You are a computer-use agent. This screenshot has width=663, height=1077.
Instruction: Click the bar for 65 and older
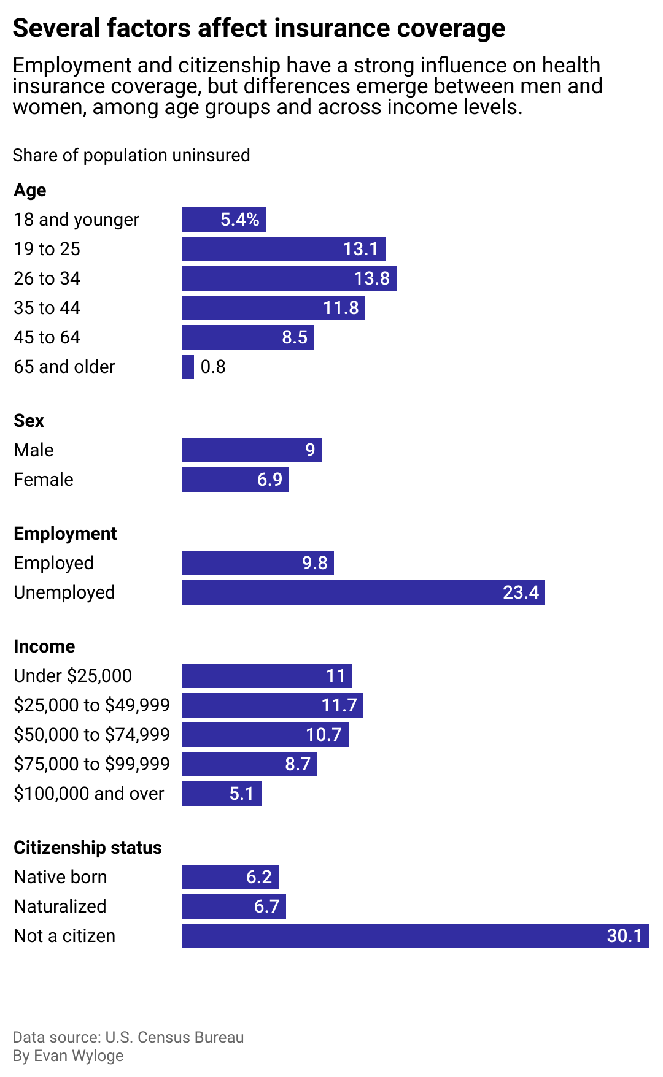click(188, 367)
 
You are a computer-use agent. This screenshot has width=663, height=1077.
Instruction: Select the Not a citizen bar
click(415, 936)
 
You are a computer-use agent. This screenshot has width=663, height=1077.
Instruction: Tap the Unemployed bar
click(363, 592)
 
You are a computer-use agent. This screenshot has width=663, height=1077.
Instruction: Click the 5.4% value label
click(239, 220)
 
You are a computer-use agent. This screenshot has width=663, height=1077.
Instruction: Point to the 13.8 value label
click(371, 278)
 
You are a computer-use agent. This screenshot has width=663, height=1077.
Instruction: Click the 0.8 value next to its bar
click(213, 367)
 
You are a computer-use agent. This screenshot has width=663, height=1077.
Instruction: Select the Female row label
click(44, 480)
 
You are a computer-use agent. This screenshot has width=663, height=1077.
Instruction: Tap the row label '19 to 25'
click(47, 249)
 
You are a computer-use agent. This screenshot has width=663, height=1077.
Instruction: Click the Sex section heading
click(29, 421)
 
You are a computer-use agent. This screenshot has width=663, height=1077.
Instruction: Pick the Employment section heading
click(65, 534)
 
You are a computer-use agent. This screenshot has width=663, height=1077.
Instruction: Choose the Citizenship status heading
click(88, 848)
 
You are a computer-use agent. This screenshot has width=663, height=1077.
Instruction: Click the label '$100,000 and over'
click(89, 794)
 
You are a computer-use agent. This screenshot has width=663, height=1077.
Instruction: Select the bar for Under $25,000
click(266, 676)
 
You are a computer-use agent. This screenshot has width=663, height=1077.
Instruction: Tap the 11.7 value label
click(339, 705)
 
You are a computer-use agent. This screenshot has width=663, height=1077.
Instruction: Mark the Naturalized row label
click(60, 906)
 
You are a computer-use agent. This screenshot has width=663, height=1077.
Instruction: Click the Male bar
click(251, 450)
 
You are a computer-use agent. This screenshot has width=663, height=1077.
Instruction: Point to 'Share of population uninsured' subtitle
click(131, 155)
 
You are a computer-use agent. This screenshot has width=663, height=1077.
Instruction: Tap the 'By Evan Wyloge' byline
click(68, 1056)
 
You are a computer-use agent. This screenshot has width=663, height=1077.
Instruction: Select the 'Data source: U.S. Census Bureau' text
click(128, 1037)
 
